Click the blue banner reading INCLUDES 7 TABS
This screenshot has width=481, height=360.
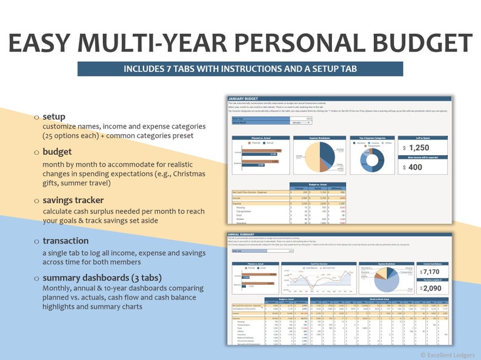(x=240, y=68)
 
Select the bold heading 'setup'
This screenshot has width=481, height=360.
(x=54, y=116)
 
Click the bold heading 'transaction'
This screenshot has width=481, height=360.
(x=66, y=241)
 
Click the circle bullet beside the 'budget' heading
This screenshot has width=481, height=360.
(x=36, y=152)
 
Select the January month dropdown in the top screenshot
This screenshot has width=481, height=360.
(x=301, y=122)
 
